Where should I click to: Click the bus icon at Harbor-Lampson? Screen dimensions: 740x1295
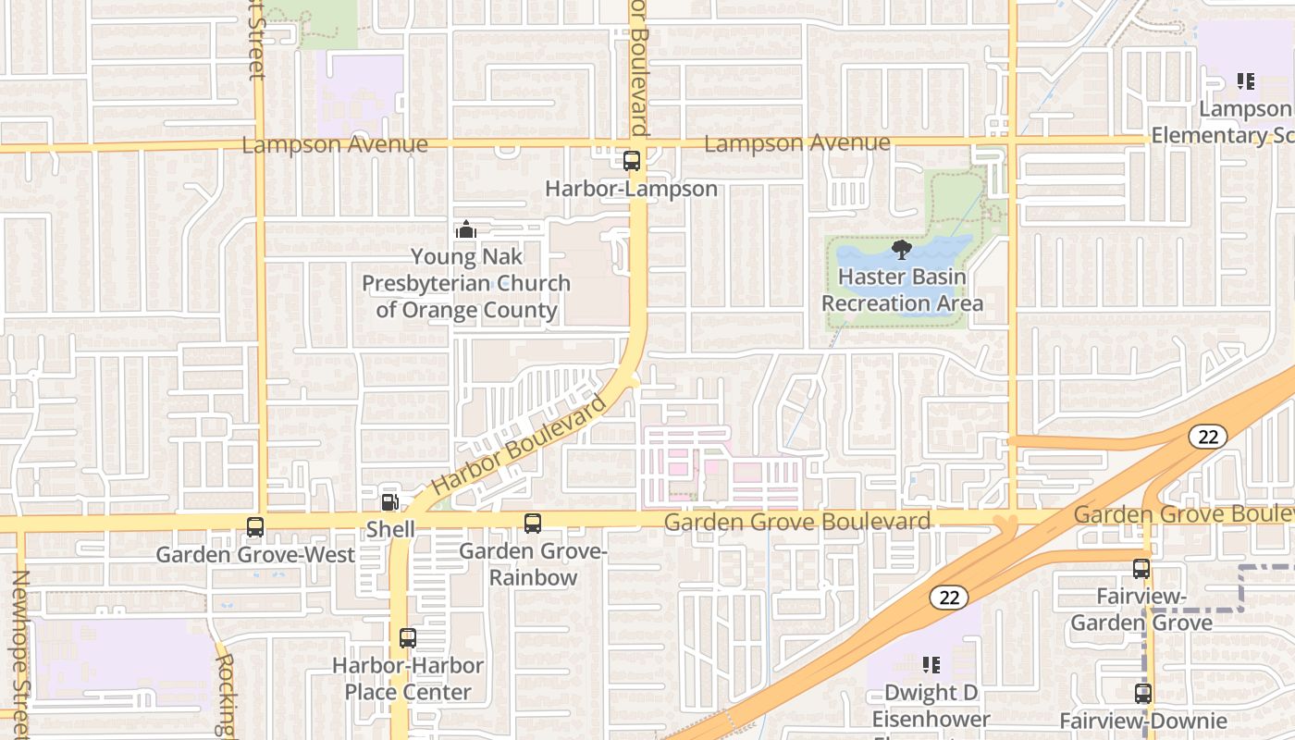632,161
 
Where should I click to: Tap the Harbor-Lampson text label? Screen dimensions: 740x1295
631,189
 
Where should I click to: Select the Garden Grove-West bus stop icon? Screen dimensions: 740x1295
255,527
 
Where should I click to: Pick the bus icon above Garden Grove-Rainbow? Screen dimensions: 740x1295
533,524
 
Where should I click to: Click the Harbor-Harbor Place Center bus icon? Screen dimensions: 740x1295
408,637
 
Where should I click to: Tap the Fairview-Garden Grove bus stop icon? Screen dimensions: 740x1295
1141,569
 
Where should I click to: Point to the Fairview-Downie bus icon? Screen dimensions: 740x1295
1143,693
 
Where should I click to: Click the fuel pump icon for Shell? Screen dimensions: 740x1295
390,502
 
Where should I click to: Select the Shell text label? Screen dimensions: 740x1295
390,529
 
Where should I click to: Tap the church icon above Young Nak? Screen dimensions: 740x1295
466,228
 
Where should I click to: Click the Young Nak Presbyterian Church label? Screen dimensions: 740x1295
466,283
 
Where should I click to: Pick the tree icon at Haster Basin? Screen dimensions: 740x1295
902,249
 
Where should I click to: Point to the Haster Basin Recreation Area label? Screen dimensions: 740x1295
902,290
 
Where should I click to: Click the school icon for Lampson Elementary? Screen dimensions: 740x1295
1246,81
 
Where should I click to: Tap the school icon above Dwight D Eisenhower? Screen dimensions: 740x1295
931,664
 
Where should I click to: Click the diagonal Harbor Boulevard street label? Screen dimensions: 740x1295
520,445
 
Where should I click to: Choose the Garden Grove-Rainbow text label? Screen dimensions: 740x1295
533,564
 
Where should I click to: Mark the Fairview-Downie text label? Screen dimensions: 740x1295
1143,721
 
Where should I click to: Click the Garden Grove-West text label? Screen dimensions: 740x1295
255,555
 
